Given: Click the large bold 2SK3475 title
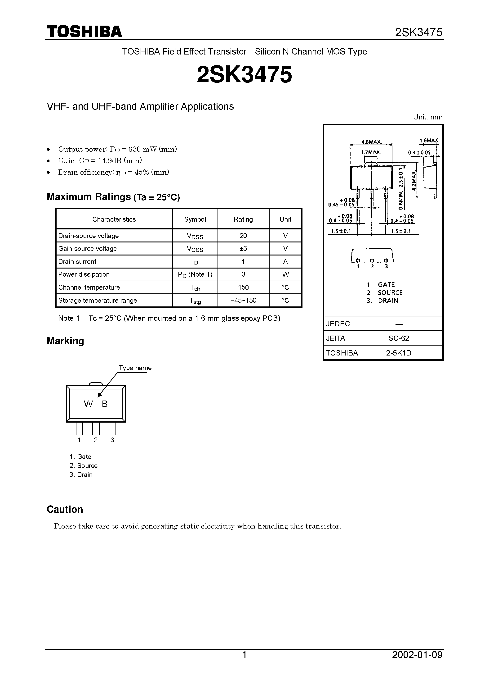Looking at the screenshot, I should pos(244,75).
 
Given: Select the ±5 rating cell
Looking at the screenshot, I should pos(243,248).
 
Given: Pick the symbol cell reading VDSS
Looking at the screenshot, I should pos(195,236).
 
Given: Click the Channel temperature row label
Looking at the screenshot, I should pos(89,287).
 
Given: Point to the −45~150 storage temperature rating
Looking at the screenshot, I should pos(243,300).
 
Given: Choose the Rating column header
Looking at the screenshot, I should pos(243,219).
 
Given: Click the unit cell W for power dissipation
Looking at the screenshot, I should pos(285,274).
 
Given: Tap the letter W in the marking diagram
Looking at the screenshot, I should pos(88,404).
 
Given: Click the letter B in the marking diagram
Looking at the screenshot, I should pos(105,404).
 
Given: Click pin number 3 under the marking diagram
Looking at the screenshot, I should pos(112,440).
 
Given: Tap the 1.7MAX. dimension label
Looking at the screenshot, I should pos(371,153).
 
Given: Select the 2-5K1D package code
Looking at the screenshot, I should pos(399,353).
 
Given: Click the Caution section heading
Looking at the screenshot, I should pos(65,510).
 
